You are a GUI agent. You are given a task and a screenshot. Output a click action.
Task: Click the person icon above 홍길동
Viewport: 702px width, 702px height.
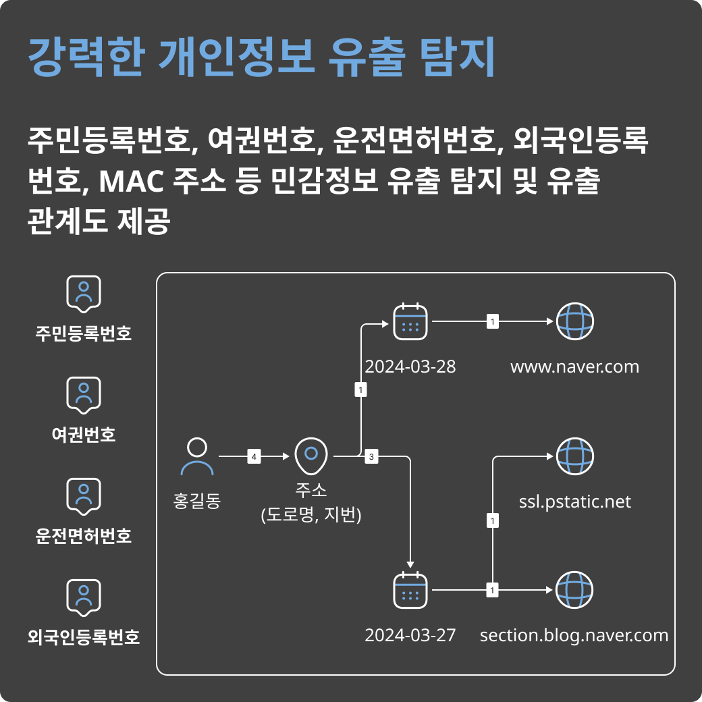[197, 457]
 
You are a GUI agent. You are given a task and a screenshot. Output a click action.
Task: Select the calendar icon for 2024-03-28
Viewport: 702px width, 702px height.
[410, 322]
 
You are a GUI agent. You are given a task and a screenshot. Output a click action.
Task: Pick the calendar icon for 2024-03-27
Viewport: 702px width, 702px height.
[410, 591]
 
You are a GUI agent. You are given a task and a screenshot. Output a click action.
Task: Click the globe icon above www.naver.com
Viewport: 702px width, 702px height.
[574, 322]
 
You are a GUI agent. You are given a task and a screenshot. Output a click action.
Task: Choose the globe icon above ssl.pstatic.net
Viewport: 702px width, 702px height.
[574, 456]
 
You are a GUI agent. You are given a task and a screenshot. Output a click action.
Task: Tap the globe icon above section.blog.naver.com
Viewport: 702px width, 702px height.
[574, 591]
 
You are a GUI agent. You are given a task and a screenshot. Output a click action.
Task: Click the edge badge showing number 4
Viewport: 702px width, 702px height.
[254, 457]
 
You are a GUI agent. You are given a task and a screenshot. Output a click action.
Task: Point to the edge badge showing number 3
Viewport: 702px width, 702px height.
[371, 457]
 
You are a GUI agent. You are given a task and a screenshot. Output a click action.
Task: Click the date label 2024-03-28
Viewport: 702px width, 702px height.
[410, 367]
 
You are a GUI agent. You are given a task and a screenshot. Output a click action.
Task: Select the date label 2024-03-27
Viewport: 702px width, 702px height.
[410, 636]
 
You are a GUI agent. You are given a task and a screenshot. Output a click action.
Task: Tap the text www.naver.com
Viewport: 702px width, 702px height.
[574, 367]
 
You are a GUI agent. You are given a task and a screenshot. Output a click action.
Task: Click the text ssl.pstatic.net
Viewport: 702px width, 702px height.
[574, 502]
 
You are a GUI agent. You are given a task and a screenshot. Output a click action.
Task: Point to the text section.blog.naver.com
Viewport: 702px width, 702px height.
[574, 636]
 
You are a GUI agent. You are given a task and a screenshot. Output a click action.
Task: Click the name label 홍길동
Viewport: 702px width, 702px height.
[197, 502]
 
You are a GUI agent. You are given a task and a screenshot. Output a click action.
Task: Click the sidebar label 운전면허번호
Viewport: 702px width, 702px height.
[84, 536]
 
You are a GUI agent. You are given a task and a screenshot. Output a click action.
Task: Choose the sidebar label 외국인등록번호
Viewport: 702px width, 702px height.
[84, 637]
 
